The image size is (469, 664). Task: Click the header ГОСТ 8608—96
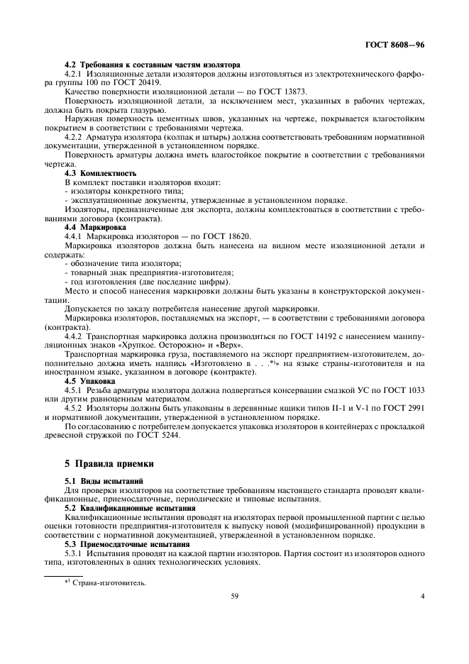pos(395,45)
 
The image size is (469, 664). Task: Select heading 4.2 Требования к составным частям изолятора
pos(152,65)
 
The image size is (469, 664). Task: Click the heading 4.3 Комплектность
pos(100,172)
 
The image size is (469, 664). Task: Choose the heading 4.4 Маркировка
pos(94,227)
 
